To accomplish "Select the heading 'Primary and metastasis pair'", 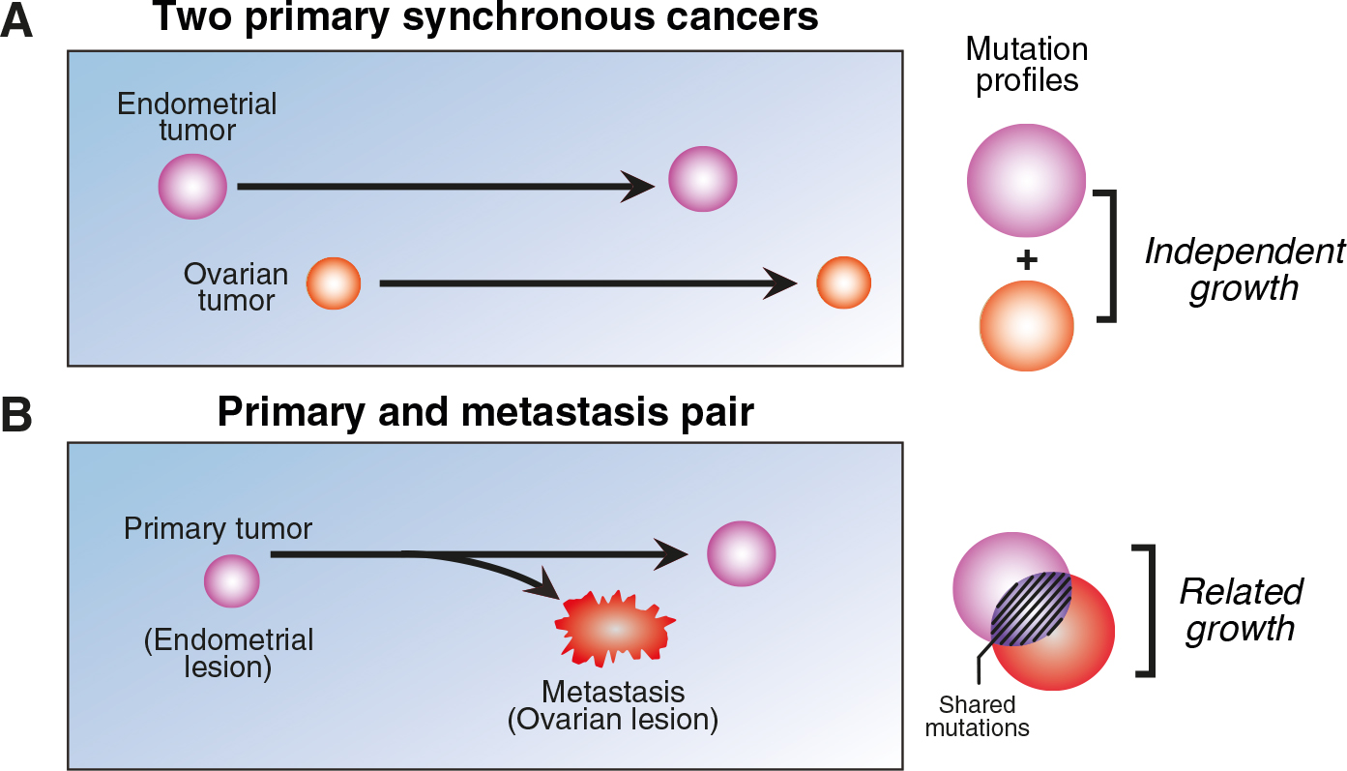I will [484, 411].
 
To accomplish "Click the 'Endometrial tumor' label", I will [184, 116].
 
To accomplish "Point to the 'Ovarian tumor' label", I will [236, 287].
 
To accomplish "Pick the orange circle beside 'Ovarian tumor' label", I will [334, 284].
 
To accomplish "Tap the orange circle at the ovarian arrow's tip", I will [843, 283].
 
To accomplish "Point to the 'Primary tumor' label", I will [218, 529].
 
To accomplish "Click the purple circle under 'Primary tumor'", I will [231, 582].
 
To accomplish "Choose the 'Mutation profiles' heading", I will [1027, 65].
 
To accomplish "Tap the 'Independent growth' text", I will [1245, 270].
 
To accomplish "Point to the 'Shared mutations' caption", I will [978, 717].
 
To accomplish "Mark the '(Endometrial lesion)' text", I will [228, 653].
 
